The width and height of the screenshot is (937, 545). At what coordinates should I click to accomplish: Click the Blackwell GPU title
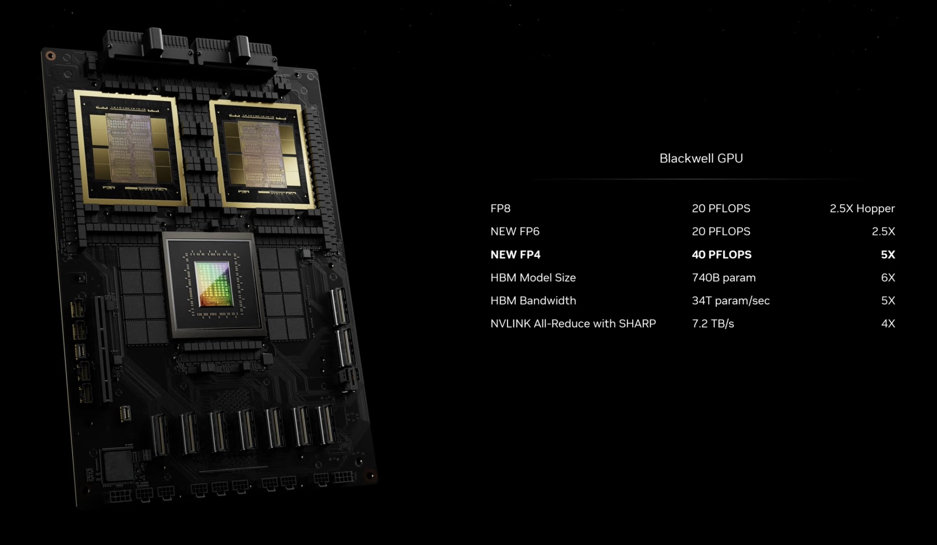click(701, 158)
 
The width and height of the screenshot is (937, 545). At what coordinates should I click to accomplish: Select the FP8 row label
click(500, 209)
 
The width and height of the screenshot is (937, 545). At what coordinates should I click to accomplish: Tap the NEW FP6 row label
click(515, 231)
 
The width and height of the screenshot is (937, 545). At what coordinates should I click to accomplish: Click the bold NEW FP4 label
click(515, 254)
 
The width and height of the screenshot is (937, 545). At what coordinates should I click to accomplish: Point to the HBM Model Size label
click(533, 277)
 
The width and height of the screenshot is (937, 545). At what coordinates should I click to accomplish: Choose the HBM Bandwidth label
click(533, 300)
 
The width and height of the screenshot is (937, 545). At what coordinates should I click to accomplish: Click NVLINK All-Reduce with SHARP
click(573, 323)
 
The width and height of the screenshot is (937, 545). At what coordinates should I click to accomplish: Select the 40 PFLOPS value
click(722, 254)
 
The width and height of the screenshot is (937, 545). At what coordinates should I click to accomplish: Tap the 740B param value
click(724, 278)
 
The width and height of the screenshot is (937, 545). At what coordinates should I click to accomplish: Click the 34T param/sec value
click(731, 301)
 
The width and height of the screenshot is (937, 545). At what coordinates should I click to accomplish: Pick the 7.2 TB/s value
click(713, 323)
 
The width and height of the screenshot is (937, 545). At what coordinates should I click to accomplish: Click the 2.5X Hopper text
click(862, 209)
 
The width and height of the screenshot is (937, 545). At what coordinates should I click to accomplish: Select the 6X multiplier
click(888, 277)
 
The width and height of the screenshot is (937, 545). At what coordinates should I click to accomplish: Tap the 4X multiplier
click(888, 323)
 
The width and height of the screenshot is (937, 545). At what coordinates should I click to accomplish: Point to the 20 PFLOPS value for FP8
click(721, 209)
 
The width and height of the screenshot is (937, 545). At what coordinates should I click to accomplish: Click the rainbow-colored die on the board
click(213, 284)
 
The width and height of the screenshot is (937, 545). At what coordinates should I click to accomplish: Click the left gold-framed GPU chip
click(130, 148)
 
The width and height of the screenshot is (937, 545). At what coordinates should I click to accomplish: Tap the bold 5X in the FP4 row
click(888, 254)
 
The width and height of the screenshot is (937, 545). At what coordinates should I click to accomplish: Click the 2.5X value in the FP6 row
click(883, 231)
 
